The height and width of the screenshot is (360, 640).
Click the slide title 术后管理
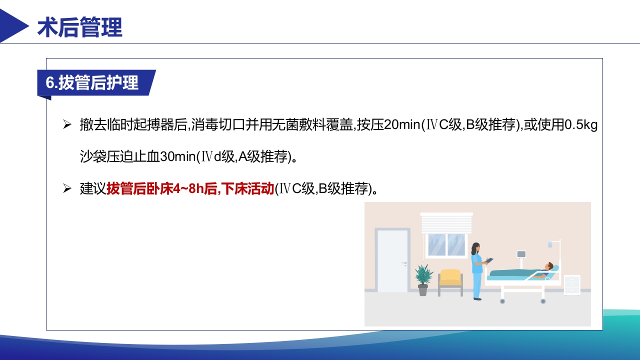coord(80,28)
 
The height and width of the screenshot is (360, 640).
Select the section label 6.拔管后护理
coord(92,83)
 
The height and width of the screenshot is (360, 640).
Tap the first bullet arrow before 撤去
coord(67,125)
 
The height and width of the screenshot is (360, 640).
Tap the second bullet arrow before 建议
coord(67,189)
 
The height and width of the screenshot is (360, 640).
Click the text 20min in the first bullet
coord(402,125)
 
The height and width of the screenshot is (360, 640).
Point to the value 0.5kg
coord(581,125)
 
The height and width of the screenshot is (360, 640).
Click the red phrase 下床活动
coord(247,189)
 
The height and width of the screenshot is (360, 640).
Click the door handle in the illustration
coord(404,263)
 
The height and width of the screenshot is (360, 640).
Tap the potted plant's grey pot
coord(423,290)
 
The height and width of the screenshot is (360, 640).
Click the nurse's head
coord(475,248)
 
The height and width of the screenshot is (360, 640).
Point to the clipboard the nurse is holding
coord(489,260)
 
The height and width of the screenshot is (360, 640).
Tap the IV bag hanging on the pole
coord(549,244)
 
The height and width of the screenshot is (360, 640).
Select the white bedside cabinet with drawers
coord(572,285)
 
